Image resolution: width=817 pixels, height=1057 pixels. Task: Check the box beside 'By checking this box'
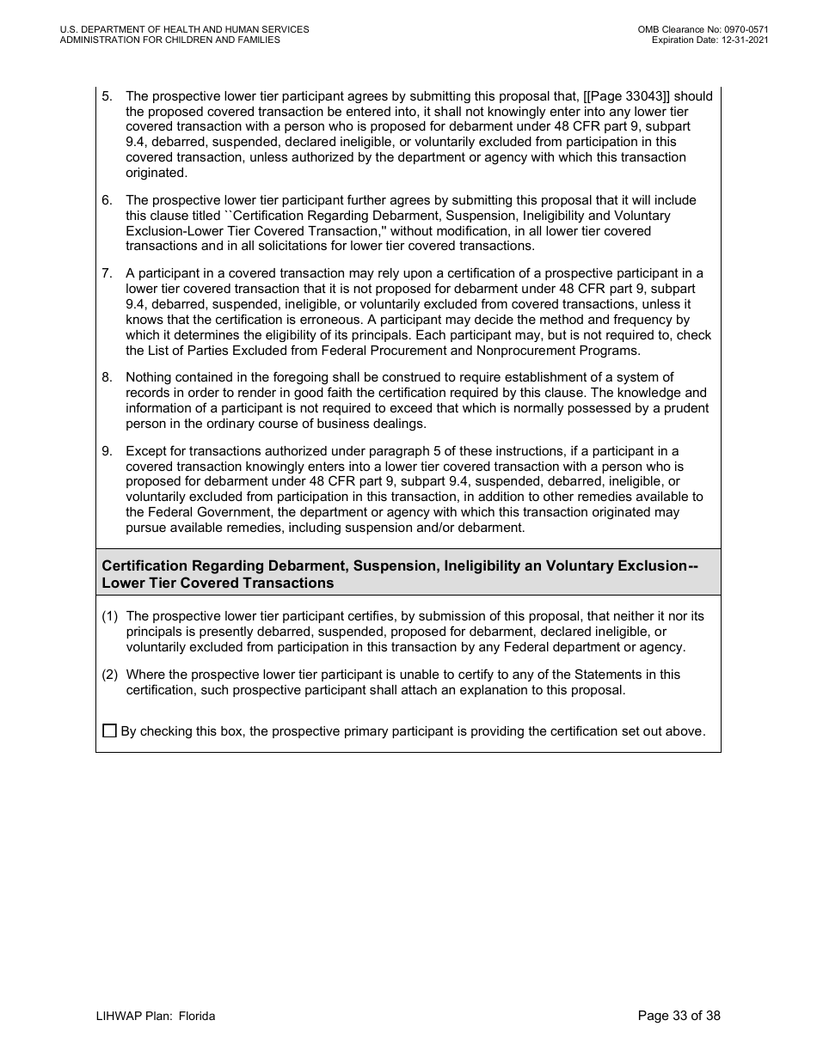[109, 731]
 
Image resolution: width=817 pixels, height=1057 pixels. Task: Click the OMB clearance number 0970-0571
[745, 29]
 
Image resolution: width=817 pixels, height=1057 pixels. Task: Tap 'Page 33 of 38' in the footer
[679, 1016]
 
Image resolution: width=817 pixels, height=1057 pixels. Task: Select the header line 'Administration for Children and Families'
[170, 40]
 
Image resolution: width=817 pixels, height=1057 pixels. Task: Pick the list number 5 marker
[107, 96]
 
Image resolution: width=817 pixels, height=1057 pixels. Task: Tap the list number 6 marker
[107, 200]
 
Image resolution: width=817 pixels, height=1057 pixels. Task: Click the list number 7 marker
[107, 273]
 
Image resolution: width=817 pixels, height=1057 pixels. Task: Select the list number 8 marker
[107, 377]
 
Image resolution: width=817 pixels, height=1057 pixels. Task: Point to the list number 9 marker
[107, 451]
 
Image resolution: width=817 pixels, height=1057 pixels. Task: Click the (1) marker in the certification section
[110, 616]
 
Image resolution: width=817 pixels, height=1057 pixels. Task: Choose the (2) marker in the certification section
[110, 675]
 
